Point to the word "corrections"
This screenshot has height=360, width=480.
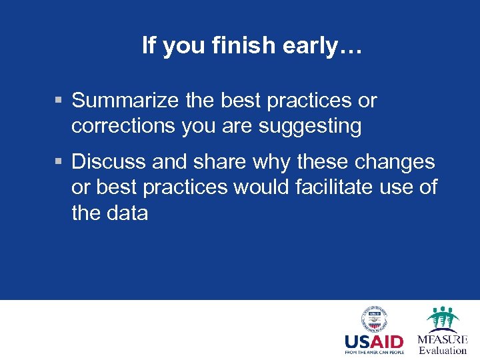pos(124,126)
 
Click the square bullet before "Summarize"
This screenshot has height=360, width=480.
pos(59,101)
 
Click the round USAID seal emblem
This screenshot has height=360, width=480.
pos(374,319)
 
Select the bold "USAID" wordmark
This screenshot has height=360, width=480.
pos(374,341)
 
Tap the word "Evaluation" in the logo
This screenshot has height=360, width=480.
pos(443,351)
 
